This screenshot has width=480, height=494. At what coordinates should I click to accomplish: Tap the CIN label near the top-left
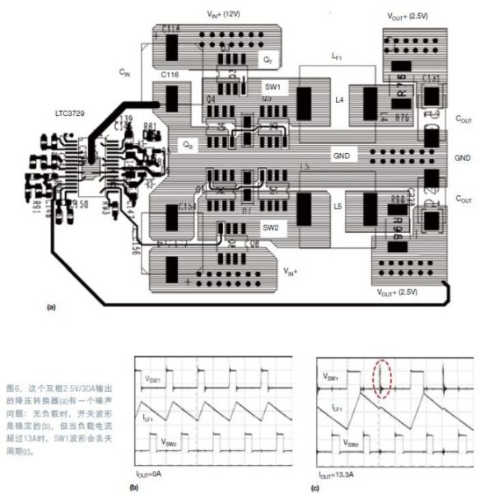tap(125, 74)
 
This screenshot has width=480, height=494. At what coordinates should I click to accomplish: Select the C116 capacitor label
tap(171, 75)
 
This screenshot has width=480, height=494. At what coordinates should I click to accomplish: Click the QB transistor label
tap(188, 141)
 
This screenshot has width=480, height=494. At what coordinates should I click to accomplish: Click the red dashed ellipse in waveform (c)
tap(382, 379)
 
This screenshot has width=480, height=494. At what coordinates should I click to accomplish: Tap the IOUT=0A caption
tap(154, 475)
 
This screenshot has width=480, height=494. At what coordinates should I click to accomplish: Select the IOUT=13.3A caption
tap(340, 475)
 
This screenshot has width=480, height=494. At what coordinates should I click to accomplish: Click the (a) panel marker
tap(52, 306)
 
